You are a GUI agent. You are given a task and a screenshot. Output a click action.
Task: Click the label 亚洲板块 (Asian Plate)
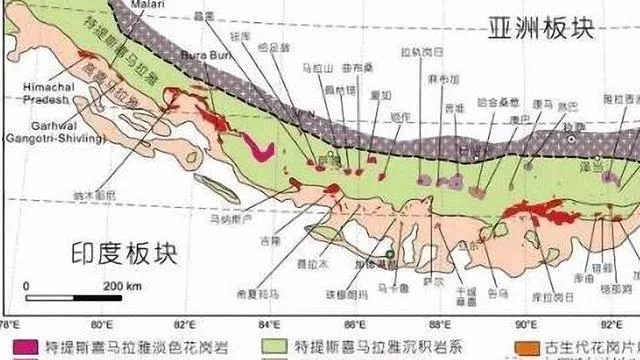pyautogui.click(x=542, y=28)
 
